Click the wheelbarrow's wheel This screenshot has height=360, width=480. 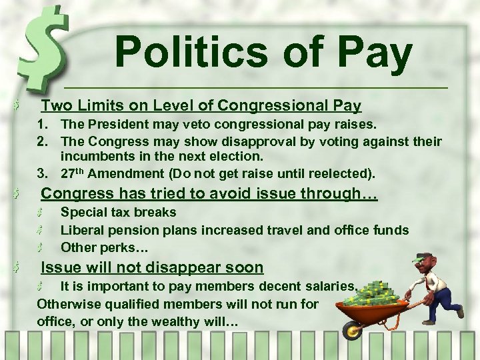351,329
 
